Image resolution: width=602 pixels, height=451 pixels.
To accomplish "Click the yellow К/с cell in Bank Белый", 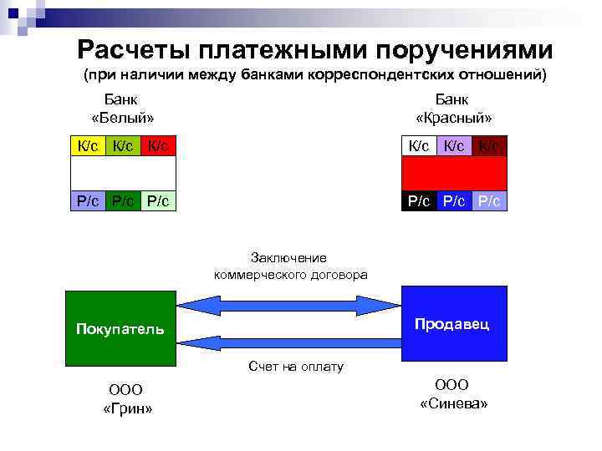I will pos(87,146).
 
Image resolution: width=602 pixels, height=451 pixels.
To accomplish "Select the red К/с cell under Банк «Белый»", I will pos(158,146).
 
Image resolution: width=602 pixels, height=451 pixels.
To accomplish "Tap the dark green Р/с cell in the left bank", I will pos(122,201).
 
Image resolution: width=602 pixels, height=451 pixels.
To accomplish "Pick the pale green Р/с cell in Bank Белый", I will pos(158,201).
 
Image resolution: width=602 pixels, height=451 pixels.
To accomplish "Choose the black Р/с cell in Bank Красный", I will pos(419,201).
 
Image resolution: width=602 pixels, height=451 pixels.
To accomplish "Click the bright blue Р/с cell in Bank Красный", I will pos(454,201).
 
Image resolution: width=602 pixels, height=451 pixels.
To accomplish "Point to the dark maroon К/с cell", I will pos(489,146).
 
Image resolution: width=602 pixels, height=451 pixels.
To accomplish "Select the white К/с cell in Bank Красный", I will pos(419,146).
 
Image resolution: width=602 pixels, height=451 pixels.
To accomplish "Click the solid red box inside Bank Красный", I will pos(454,174).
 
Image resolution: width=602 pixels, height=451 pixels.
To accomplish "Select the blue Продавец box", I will pos(454,323).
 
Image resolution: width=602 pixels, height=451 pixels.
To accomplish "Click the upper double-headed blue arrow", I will pos(288,306).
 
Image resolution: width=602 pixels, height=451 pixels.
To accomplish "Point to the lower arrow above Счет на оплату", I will pos(288,342).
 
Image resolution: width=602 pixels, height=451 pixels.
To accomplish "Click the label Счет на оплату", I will pos(295,367).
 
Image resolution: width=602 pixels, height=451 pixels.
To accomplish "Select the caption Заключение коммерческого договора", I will pos(289,266).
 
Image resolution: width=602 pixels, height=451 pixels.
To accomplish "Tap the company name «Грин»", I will pos(126,408).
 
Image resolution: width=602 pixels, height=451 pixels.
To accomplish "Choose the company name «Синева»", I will pos(453,403).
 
